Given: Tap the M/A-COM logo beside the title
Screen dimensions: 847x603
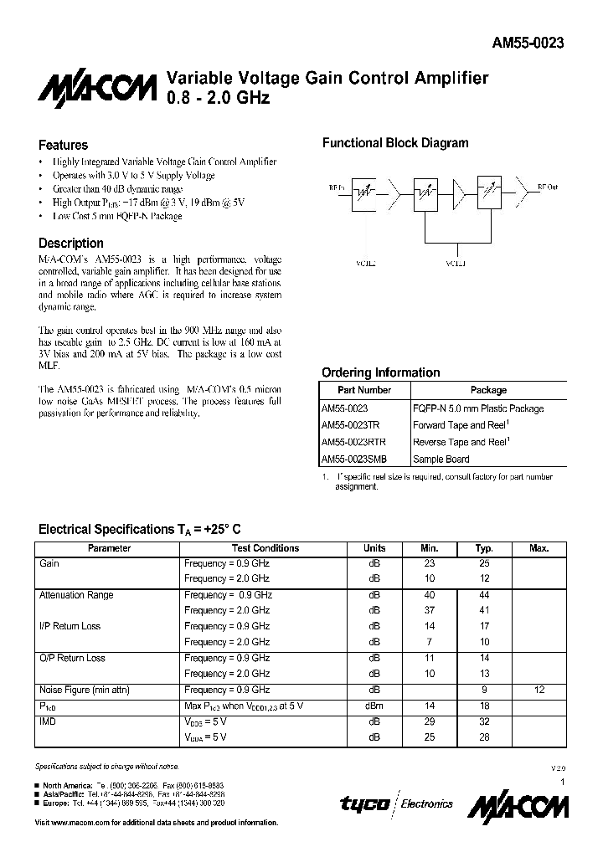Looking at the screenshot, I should (97, 89).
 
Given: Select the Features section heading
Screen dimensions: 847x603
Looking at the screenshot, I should (64, 145).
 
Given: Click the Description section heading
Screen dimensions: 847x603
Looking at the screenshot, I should (71, 244).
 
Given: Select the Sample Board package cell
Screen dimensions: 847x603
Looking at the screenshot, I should (441, 459).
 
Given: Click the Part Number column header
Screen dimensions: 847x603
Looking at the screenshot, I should (364, 390).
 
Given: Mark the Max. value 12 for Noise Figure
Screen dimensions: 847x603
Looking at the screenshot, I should (539, 690).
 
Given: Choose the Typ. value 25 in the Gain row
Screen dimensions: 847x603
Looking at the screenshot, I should (484, 563).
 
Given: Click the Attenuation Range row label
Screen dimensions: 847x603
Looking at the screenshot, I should (76, 595).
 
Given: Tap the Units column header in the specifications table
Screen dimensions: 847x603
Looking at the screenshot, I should (374, 548).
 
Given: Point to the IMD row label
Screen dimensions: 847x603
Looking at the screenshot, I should (48, 721).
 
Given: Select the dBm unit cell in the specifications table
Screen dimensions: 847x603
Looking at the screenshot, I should (374, 706).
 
